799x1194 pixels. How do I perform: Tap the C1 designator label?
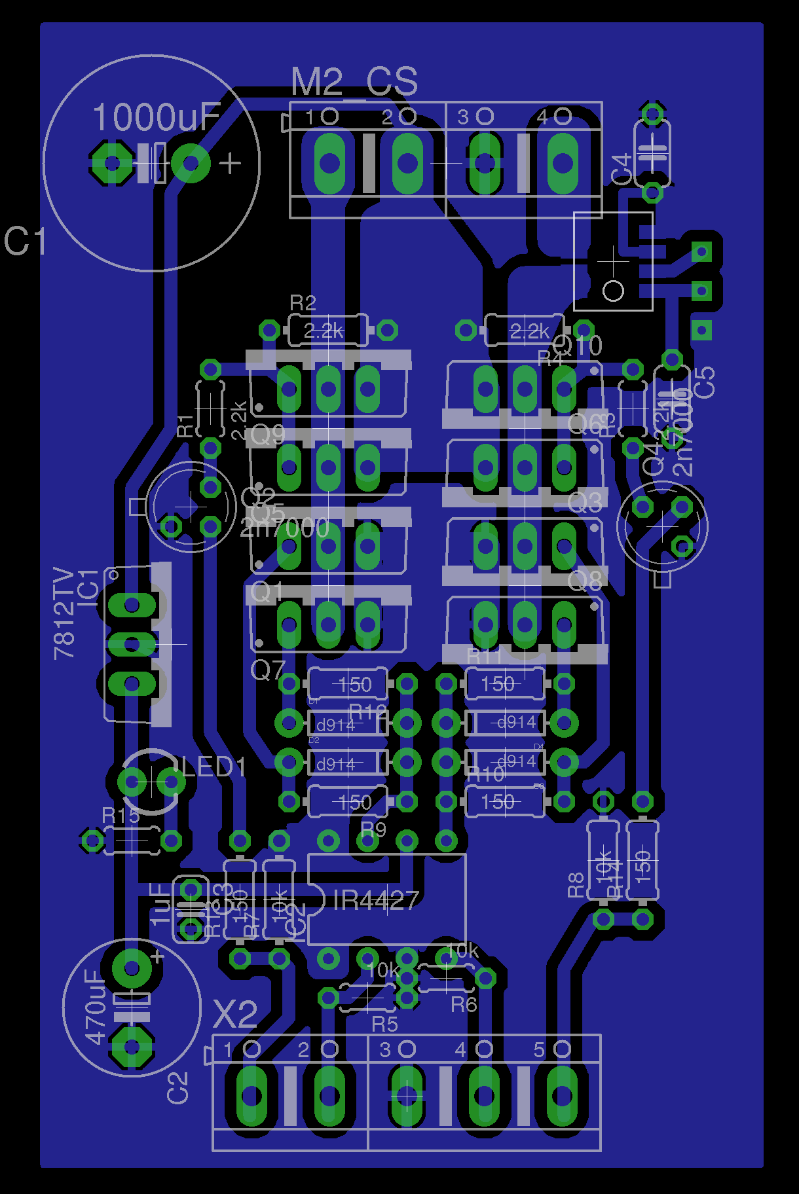point(25,241)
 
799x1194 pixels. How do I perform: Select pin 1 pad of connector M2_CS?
point(329,163)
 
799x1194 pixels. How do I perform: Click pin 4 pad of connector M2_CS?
point(562,163)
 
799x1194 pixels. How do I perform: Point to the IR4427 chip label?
point(376,901)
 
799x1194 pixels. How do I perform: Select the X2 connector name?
point(236,1015)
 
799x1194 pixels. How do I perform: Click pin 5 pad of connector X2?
point(562,1096)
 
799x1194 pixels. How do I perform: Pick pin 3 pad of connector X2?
point(407,1096)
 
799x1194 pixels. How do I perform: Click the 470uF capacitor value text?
point(96,1007)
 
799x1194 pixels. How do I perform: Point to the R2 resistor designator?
point(303,303)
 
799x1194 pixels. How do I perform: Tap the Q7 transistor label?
point(268,670)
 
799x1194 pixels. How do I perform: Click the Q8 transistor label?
point(584,581)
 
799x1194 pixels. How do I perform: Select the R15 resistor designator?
point(121,816)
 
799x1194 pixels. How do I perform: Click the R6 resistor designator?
point(464,1004)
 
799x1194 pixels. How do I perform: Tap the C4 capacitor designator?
point(621,169)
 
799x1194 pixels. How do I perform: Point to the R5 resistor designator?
point(384,1024)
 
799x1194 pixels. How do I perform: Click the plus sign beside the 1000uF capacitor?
point(230,163)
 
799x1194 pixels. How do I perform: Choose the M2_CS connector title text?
point(354,82)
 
